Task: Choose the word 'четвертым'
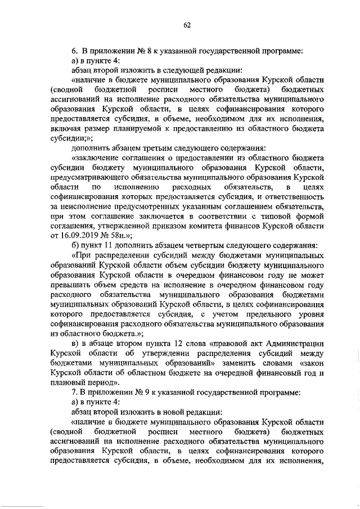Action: pos(201,246)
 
